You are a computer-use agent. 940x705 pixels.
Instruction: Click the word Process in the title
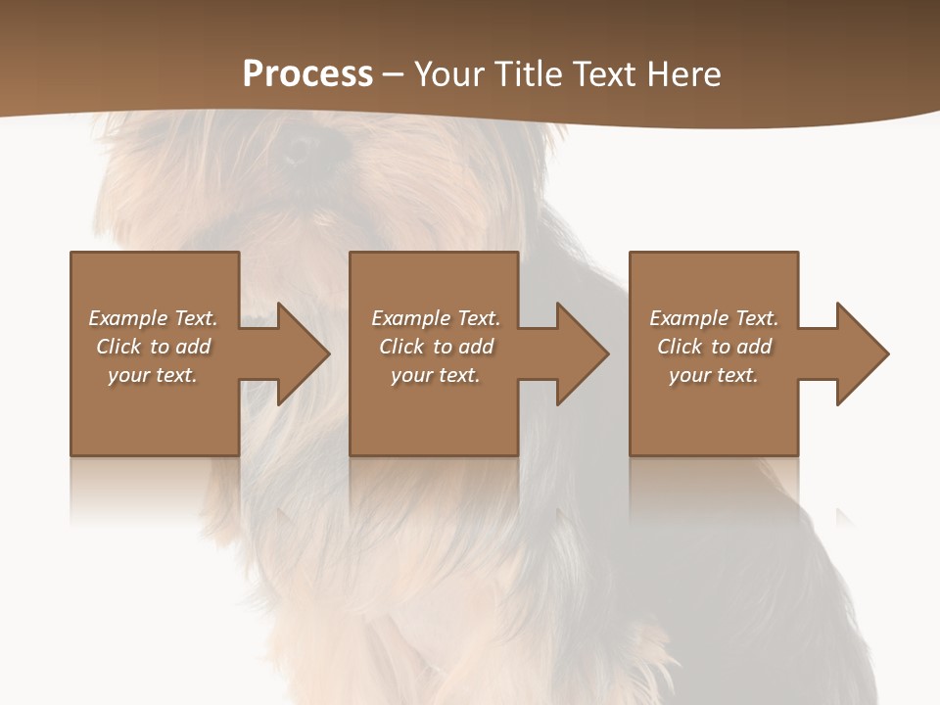pyautogui.click(x=307, y=74)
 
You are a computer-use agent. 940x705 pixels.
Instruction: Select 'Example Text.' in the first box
pyautogui.click(x=153, y=318)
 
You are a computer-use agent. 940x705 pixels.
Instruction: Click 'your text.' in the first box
pyautogui.click(x=153, y=375)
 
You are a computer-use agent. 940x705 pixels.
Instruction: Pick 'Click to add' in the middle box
pyautogui.click(x=436, y=347)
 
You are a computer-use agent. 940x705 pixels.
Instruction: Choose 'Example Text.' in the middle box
pyautogui.click(x=436, y=318)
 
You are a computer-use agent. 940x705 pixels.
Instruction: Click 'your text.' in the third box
pyautogui.click(x=714, y=375)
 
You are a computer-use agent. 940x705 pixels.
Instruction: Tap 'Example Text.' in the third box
pyautogui.click(x=714, y=318)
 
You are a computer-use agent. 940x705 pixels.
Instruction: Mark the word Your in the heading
pyautogui.click(x=446, y=74)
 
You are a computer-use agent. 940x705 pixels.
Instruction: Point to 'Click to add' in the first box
pyautogui.click(x=153, y=347)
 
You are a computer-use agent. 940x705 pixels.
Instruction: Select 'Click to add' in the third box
pyautogui.click(x=714, y=347)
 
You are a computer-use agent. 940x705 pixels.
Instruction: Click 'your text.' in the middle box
pyautogui.click(x=436, y=375)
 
